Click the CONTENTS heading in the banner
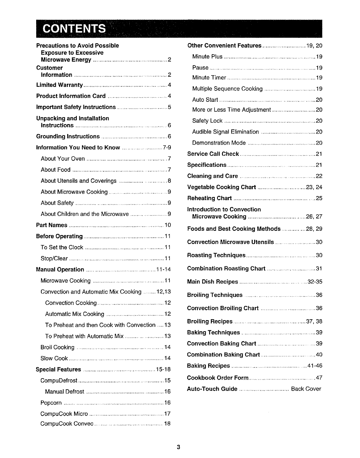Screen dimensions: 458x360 (74, 29)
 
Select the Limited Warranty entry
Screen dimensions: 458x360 (59, 85)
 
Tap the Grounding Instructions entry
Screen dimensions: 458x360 (68, 136)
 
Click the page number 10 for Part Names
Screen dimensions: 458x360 (168, 225)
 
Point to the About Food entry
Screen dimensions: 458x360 (56, 170)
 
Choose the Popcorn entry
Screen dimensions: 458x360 (51, 403)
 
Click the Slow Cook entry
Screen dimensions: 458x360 (54, 359)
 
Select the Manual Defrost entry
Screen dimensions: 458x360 (65, 392)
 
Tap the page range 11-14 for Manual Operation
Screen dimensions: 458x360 (164, 270)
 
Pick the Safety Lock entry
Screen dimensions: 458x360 (207, 121)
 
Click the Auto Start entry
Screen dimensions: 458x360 (205, 100)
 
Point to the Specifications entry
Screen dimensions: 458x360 (207, 165)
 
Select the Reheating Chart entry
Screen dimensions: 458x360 (209, 198)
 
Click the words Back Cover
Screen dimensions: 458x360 (306, 389)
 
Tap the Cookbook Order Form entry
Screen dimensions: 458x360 (218, 378)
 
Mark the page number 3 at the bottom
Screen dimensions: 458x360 (179, 447)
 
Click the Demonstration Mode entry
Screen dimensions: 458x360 (219, 143)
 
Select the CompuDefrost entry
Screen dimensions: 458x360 (59, 381)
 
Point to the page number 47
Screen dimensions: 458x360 (319, 378)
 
